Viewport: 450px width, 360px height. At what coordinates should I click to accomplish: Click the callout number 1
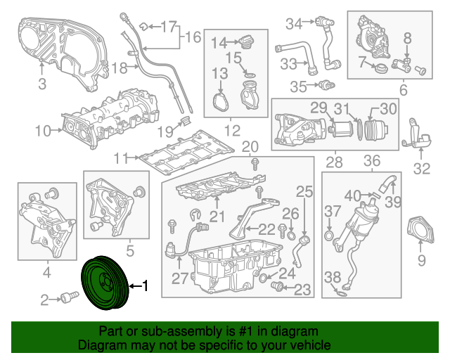pos(146,286)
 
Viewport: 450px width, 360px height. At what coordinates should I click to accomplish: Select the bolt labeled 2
pos(68,298)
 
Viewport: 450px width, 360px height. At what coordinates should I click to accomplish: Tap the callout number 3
pos(41,85)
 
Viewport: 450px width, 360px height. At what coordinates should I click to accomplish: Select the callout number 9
pos(421,262)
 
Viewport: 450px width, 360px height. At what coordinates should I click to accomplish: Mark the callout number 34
pos(293,23)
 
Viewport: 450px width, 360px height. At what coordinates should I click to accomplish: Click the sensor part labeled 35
pos(323,86)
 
